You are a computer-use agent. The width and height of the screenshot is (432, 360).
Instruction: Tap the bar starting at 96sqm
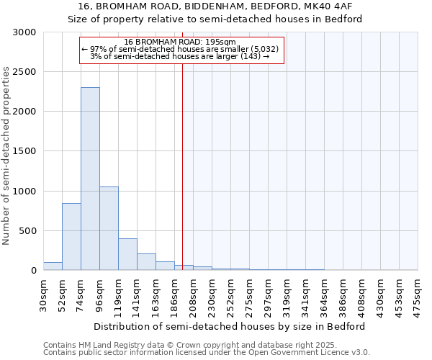click(109, 228)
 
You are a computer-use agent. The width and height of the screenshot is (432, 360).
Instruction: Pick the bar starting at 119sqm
click(127, 254)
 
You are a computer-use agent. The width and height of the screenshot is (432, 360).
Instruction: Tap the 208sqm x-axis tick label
click(193, 294)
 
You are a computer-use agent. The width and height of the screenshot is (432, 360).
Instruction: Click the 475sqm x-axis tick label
click(418, 294)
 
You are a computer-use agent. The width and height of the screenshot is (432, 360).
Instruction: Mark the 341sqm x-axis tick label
click(305, 294)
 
